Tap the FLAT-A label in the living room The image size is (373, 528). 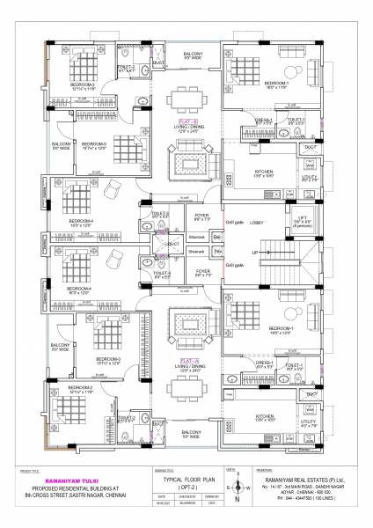coord(188,360)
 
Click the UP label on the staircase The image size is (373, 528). coord(255,252)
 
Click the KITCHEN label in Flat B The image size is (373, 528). coord(264,173)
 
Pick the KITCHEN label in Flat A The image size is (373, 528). coord(264,417)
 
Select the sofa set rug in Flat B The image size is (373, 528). coord(188,165)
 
